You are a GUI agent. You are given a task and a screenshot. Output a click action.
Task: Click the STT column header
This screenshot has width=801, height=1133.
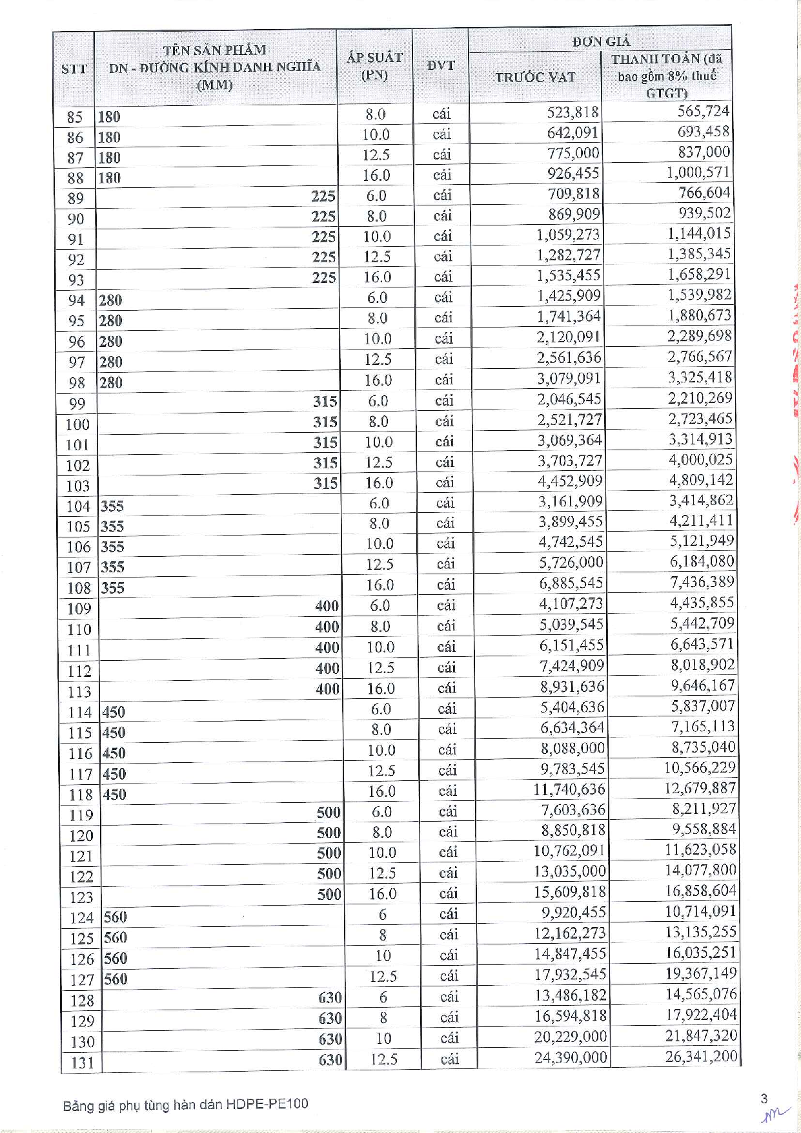click(x=74, y=68)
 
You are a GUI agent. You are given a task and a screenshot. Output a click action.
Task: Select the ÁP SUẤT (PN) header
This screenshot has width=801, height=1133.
click(x=374, y=66)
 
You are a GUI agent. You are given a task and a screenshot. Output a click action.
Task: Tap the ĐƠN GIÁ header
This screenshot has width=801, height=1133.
click(x=600, y=41)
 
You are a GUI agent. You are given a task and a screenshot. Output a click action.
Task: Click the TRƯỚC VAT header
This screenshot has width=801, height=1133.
click(x=535, y=77)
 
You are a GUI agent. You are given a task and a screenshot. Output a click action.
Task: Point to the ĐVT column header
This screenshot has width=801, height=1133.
click(x=440, y=65)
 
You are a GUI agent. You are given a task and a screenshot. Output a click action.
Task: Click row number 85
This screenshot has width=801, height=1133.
click(x=75, y=117)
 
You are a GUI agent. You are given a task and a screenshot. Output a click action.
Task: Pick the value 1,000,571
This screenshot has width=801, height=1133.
click(x=698, y=172)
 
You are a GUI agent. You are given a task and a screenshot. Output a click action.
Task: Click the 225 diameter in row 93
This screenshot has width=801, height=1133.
click(x=323, y=277)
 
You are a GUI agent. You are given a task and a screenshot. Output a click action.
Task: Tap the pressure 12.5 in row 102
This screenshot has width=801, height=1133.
click(x=379, y=463)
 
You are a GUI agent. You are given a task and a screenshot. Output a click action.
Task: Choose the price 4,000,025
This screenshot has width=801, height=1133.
click(x=700, y=459)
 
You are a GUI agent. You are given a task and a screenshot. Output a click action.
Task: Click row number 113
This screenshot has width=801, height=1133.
click(x=79, y=692)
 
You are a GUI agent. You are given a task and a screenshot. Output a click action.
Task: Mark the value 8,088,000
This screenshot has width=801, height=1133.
click(x=573, y=748)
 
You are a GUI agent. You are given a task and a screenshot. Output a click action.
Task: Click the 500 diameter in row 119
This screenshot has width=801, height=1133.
click(x=329, y=812)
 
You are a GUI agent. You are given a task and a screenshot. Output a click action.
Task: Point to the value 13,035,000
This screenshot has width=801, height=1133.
click(x=570, y=871)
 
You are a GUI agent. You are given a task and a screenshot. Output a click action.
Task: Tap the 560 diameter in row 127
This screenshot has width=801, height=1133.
click(x=116, y=979)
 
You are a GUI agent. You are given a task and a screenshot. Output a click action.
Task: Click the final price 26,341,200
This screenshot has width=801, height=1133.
click(x=701, y=1056)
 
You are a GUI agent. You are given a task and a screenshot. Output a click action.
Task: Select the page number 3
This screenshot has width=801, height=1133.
click(x=764, y=1098)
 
